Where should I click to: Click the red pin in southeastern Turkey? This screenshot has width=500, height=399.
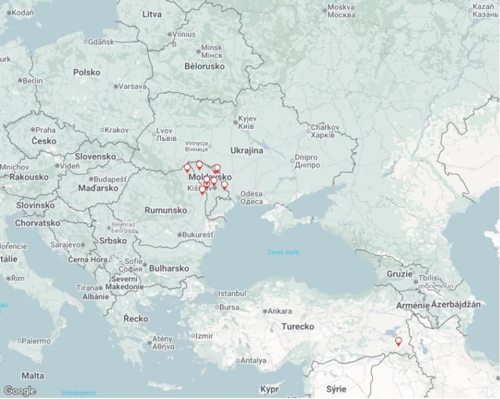pos(398,341)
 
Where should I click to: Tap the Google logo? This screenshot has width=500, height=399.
pos(19,391)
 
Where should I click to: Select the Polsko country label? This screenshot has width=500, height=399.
pos(87,72)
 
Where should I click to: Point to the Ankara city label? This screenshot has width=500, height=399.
pos(279,311)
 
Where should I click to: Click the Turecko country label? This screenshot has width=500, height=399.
pos(298,326)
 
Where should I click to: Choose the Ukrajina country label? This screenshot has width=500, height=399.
pos(247,150)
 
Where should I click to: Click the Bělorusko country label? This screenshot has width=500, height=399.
pos(204,66)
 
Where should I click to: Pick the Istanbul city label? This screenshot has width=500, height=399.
pos(232,293)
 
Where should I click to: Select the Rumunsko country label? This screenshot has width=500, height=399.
pos(166,210)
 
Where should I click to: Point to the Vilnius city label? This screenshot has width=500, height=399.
pos(183,34)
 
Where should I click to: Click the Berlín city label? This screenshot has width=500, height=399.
pos(32,80)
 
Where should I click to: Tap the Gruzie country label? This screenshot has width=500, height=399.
pos(400,274)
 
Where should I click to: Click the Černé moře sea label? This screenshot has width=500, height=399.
pos(283,252)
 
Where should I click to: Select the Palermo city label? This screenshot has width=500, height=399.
pos(36,341)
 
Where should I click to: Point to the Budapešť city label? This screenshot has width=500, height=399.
pos(110,180)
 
